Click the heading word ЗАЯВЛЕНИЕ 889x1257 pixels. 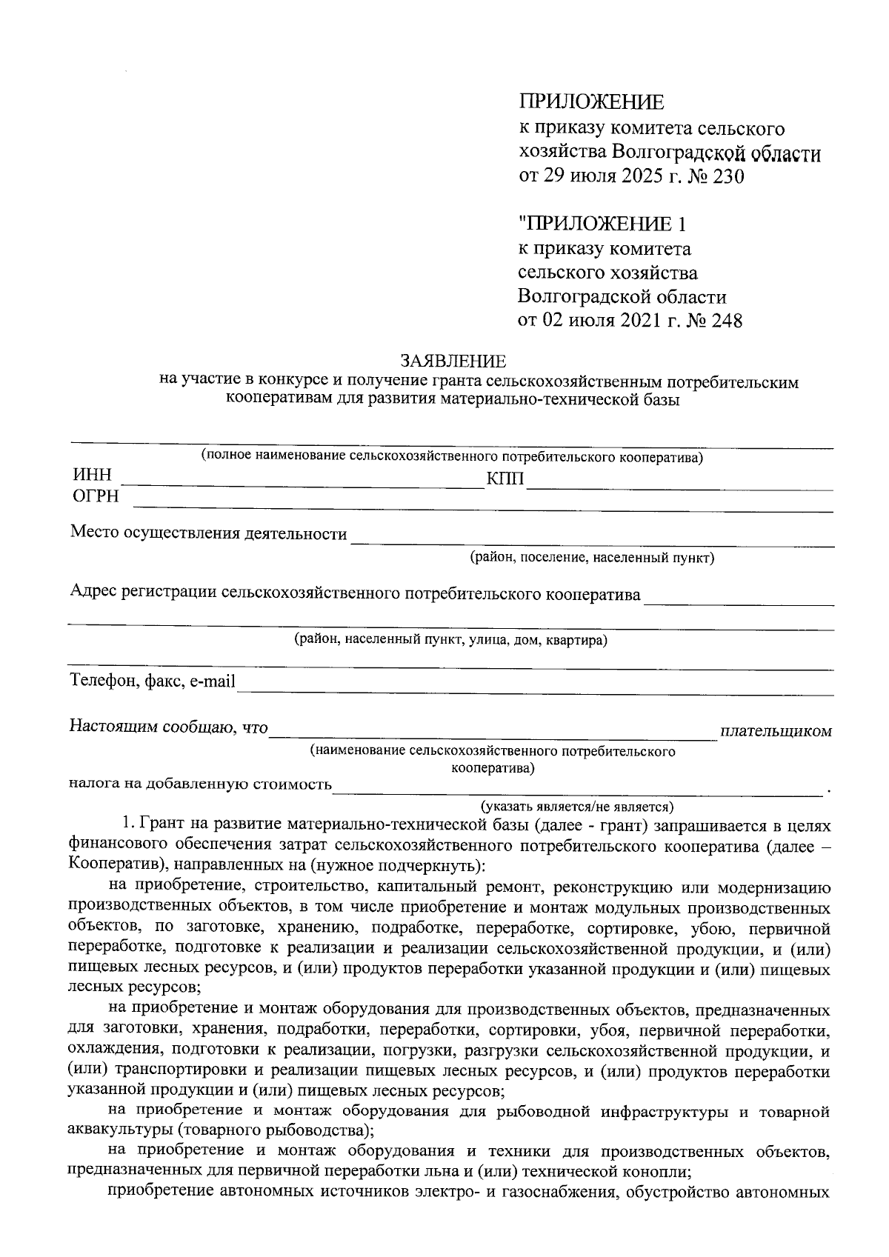click(453, 361)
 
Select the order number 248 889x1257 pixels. click(726, 320)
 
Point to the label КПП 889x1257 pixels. click(505, 479)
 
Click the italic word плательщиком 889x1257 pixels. click(776, 732)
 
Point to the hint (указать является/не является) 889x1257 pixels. click(576, 806)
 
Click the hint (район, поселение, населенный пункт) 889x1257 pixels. click(592, 558)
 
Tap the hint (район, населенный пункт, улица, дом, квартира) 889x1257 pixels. click(450, 639)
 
